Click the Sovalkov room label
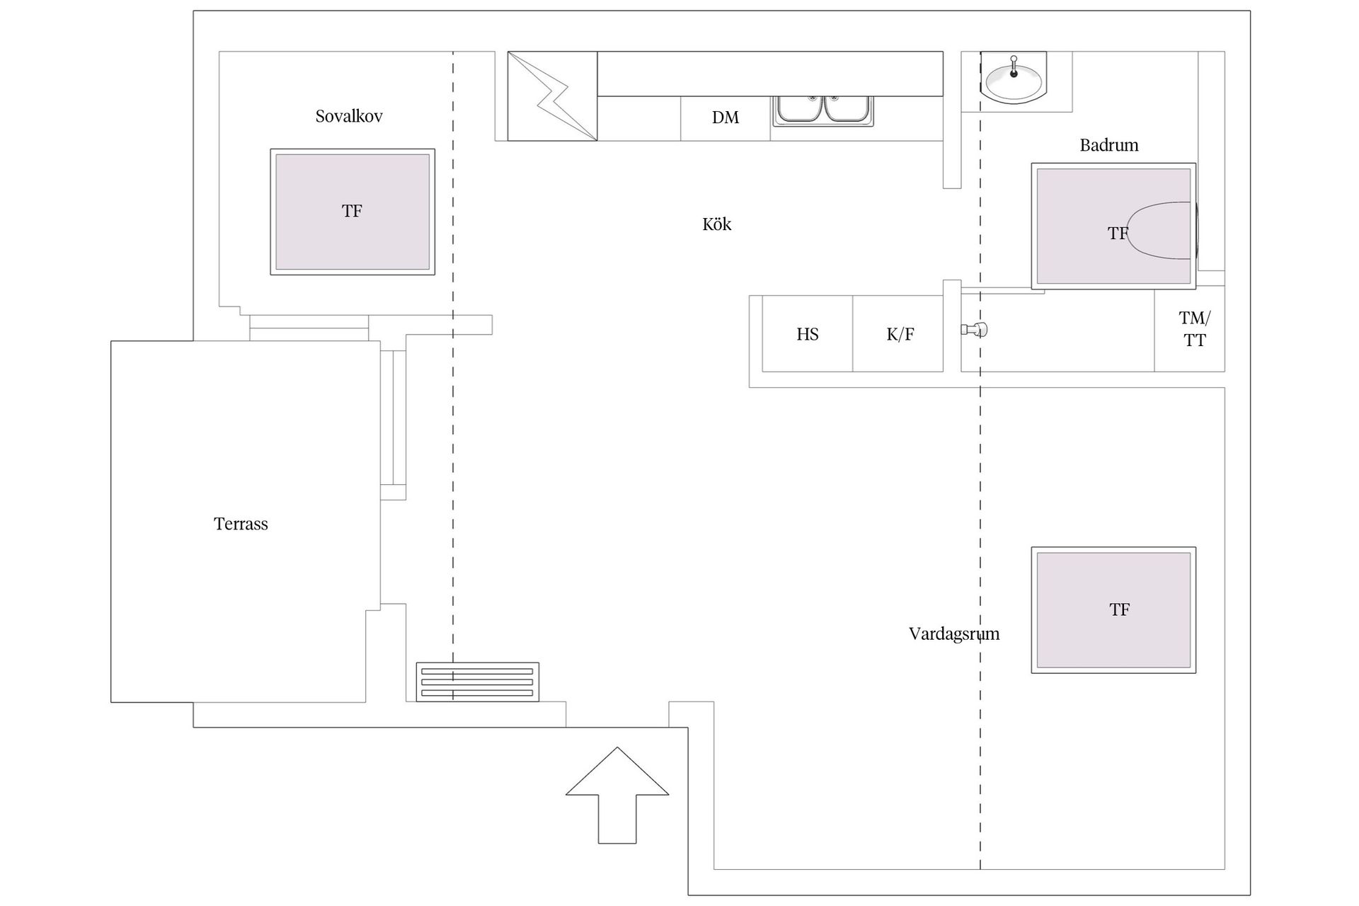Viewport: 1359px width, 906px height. [x=349, y=116]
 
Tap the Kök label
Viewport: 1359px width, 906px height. [x=716, y=224]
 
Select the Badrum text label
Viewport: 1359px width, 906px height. [x=1108, y=145]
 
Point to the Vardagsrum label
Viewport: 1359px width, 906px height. [x=953, y=633]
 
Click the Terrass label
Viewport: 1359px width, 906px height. [x=241, y=524]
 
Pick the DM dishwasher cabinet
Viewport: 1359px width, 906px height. [x=725, y=118]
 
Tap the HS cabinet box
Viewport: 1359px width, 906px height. [x=807, y=334]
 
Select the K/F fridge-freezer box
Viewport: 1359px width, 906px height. [x=899, y=334]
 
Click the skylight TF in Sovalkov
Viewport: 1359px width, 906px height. [x=352, y=212]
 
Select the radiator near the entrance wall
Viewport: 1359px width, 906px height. [x=477, y=682]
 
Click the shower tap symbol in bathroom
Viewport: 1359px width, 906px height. [x=975, y=329]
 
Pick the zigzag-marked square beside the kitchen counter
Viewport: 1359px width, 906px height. [x=552, y=96]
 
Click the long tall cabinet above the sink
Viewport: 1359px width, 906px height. [x=769, y=74]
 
